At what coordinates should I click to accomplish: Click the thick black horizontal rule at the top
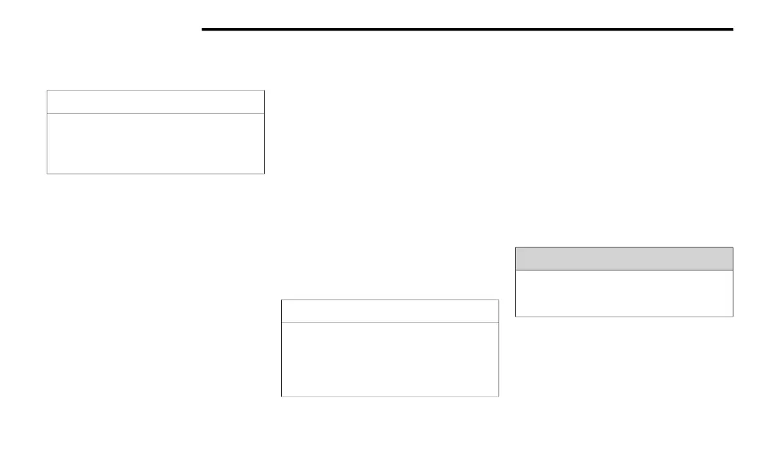[467, 29]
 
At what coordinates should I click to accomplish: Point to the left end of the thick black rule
[203, 29]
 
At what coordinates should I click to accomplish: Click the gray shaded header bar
[624, 258]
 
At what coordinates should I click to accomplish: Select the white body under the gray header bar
[624, 293]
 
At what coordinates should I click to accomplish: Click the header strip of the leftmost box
[155, 102]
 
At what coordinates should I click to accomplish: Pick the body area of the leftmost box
[155, 143]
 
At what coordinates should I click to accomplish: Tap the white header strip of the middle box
[389, 311]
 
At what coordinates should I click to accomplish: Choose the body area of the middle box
[389, 359]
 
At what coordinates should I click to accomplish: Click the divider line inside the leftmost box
[155, 113]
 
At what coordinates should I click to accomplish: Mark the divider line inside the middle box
[389, 323]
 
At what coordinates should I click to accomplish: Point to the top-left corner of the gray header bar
[516, 248]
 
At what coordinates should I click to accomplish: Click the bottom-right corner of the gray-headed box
[732, 317]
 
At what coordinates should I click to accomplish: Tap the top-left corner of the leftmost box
[47, 90]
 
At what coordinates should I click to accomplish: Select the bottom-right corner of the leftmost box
[263, 173]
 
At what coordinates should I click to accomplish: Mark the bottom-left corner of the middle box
[282, 396]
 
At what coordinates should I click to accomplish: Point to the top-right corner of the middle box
[498, 300]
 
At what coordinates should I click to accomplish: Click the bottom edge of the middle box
[389, 396]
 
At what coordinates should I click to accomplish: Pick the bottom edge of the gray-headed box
[624, 317]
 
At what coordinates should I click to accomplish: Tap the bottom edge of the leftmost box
[155, 173]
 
